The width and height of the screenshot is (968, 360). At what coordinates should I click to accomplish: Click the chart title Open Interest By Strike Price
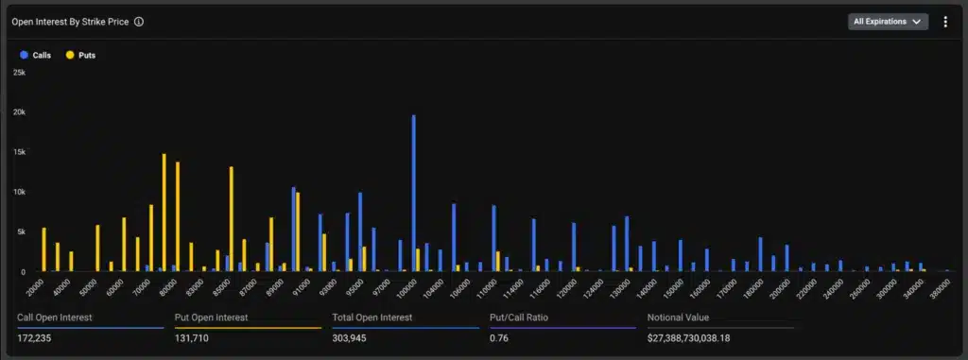coord(70,21)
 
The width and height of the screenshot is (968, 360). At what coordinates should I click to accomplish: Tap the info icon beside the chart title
coord(139,21)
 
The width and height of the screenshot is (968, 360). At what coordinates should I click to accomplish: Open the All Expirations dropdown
coord(887,21)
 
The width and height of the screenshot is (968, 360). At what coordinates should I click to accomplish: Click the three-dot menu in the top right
coord(945,21)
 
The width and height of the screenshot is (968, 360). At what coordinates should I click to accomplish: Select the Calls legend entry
coord(35,55)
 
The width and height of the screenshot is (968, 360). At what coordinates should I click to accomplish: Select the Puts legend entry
coord(80,55)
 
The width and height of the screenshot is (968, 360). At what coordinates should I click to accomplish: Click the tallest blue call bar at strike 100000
coord(414,194)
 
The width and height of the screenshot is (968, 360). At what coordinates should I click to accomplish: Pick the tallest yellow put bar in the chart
coord(164,213)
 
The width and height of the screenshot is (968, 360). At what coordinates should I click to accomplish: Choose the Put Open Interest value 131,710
coord(194,337)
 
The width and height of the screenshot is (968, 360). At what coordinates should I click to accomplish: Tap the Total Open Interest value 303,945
coord(352,337)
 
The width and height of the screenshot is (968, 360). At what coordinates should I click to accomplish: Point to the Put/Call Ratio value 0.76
coord(499,337)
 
